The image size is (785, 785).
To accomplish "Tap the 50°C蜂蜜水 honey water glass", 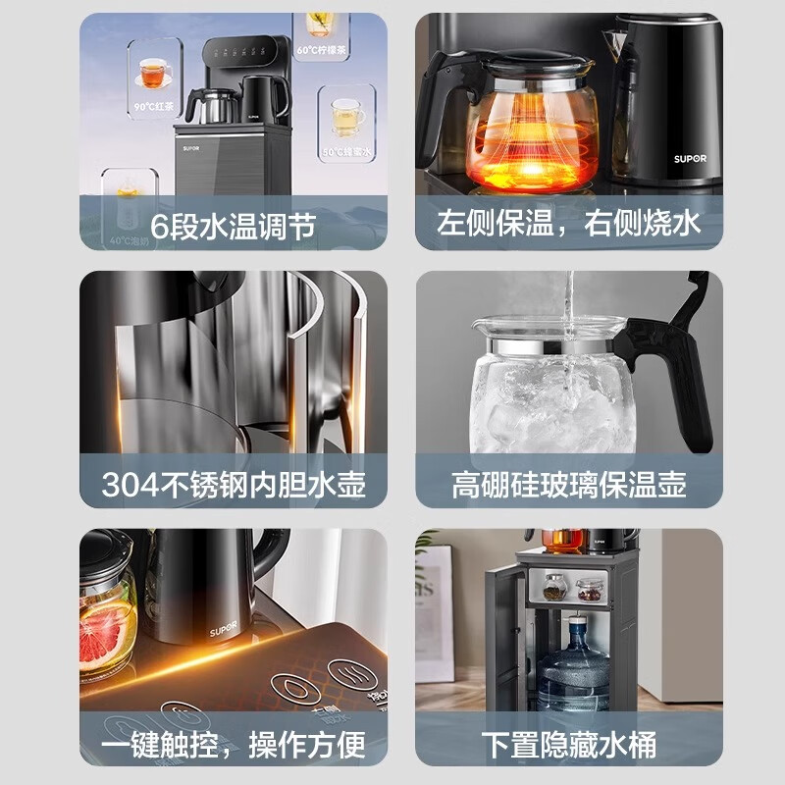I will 344,117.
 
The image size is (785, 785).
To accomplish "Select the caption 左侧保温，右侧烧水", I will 569,225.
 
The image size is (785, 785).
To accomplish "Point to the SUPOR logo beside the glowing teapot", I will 690,157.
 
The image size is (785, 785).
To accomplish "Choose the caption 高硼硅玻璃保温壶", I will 569,484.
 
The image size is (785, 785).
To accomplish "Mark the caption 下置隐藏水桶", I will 569,743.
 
